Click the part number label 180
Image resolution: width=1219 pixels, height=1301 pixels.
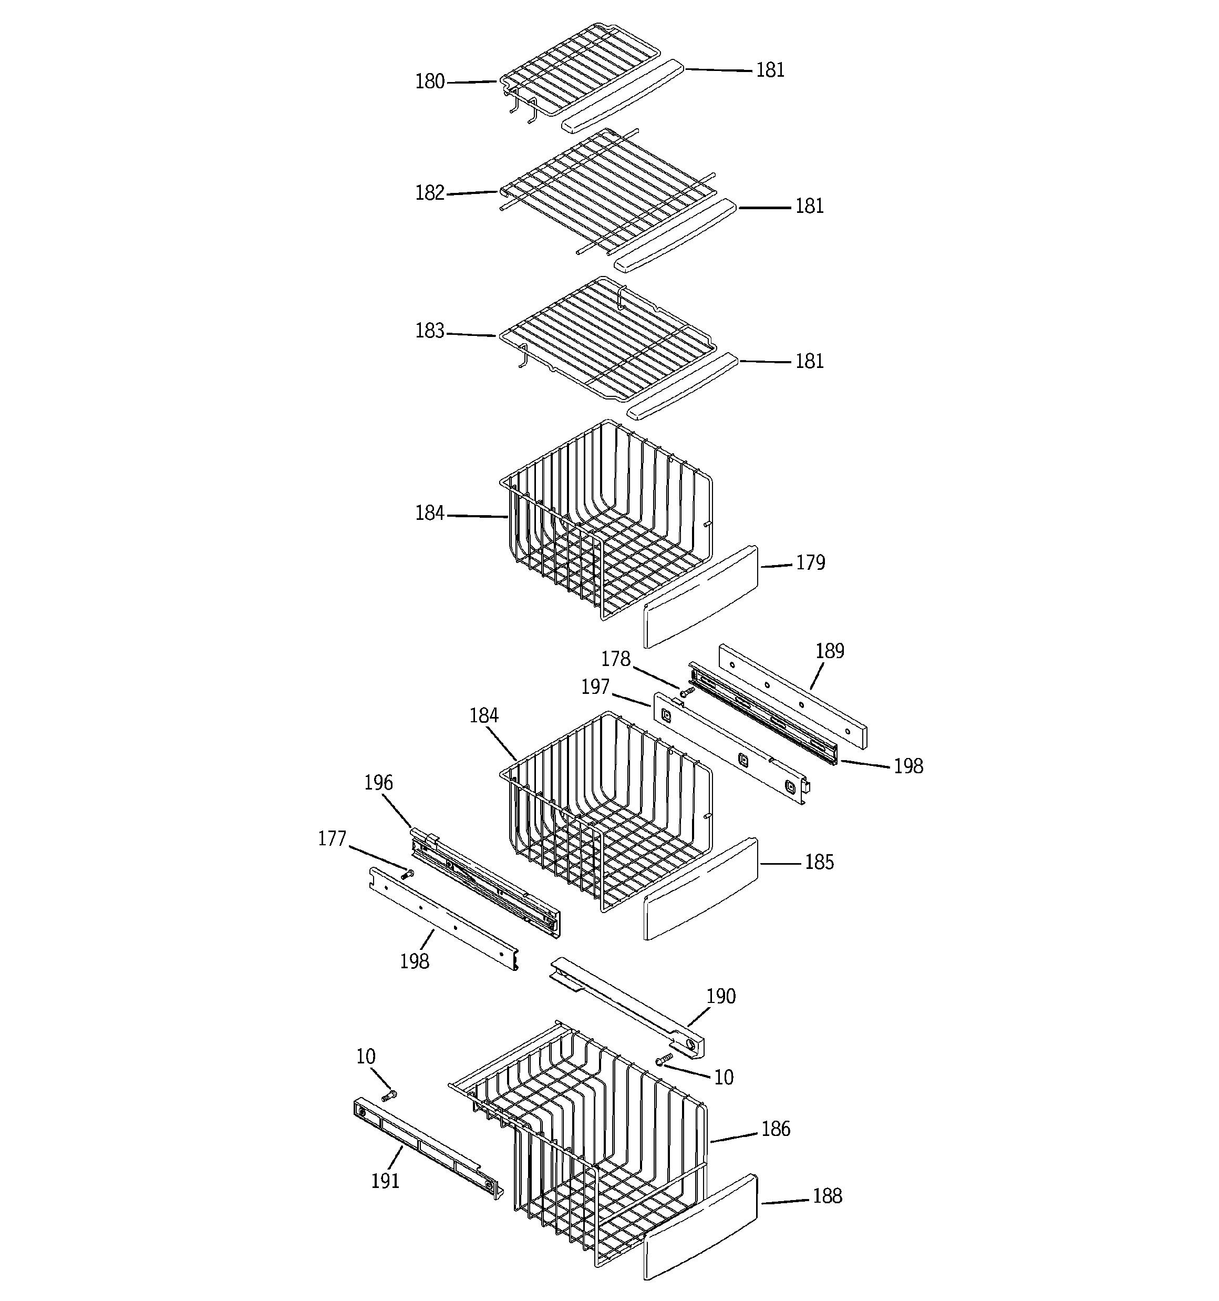point(430,82)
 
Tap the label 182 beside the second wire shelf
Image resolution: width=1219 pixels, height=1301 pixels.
point(430,193)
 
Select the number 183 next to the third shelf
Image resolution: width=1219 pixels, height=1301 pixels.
point(430,331)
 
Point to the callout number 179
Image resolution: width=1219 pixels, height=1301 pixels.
point(810,563)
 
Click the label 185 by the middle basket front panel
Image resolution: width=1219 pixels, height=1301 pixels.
point(819,863)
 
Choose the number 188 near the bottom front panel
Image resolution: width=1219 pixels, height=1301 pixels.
point(827,1196)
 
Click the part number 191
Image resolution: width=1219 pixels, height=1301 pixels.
point(385,1181)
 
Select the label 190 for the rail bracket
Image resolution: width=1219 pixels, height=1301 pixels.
point(721,996)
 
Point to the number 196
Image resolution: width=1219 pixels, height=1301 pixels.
point(378,783)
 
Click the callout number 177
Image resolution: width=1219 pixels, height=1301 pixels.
point(332,838)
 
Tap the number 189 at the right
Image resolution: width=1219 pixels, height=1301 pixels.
point(830,651)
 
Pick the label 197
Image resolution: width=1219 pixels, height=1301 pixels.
point(595,687)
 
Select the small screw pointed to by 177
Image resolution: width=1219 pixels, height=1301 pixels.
point(409,874)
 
